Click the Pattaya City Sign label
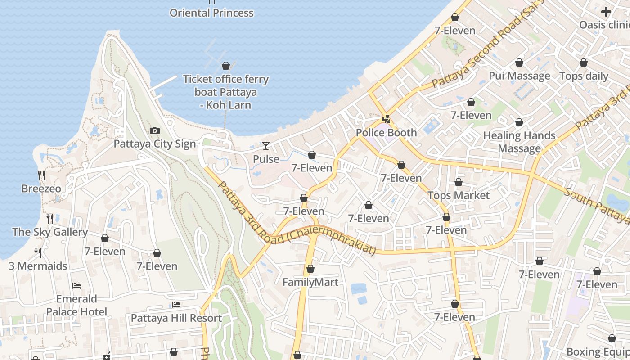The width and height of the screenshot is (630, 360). click(x=154, y=144)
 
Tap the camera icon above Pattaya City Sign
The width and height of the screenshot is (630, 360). click(x=154, y=131)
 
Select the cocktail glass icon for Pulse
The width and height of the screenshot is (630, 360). click(x=266, y=146)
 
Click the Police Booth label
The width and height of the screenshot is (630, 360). click(x=386, y=133)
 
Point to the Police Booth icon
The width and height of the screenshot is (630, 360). click(x=386, y=119)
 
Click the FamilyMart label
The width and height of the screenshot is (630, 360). click(x=310, y=282)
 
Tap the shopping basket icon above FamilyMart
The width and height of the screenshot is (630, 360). click(x=310, y=269)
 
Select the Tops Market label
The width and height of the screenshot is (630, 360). click(x=458, y=195)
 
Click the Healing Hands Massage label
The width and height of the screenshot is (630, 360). click(x=519, y=142)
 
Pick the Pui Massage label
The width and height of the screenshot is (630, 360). click(x=519, y=76)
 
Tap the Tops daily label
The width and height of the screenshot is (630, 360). click(x=584, y=76)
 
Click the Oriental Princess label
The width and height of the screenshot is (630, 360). click(x=211, y=13)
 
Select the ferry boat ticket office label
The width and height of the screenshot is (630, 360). click(x=225, y=92)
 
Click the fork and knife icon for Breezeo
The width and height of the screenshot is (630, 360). click(x=41, y=175)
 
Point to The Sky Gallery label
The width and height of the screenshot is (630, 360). click(x=50, y=232)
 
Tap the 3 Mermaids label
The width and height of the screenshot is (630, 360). click(x=38, y=266)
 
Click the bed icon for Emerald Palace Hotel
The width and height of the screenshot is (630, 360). click(x=76, y=286)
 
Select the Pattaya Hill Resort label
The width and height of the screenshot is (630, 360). click(x=176, y=318)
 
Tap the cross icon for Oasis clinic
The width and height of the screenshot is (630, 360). click(x=606, y=12)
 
